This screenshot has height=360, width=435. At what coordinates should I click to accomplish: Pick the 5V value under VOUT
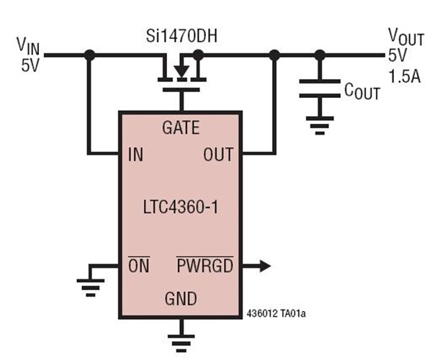[x=398, y=55]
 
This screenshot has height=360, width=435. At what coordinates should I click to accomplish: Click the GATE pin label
[x=181, y=128]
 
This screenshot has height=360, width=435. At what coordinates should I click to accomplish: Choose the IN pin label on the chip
[x=135, y=153]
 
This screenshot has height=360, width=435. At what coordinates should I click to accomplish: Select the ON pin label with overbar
[x=138, y=266]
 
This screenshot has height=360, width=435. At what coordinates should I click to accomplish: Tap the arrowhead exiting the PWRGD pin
[x=264, y=266]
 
